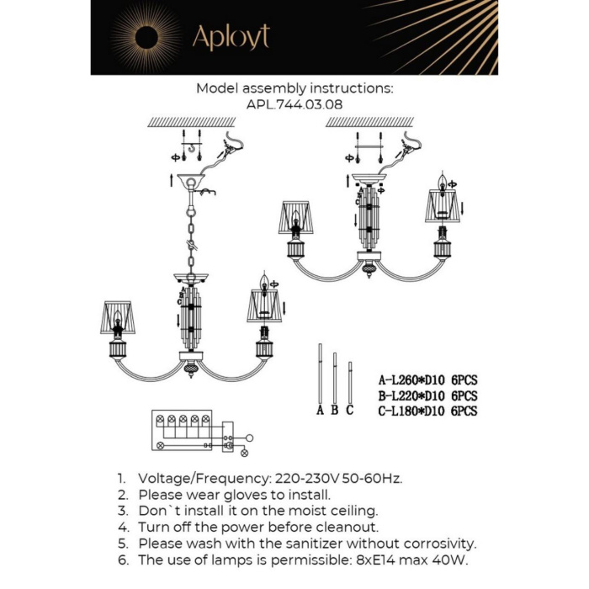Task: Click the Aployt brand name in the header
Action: tap(231, 37)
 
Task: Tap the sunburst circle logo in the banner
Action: tap(146, 37)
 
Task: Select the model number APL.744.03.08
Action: tap(294, 103)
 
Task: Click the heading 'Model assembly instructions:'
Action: tap(294, 88)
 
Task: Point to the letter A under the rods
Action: tap(320, 411)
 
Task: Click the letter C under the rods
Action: tap(349, 411)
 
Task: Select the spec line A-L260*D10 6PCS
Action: tap(428, 380)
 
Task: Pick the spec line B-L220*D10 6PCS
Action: tap(428, 395)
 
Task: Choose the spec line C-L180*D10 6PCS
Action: tap(428, 411)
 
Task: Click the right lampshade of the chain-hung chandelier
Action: tap(264, 306)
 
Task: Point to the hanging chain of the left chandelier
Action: tap(192, 236)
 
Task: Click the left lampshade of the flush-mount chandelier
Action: tap(295, 217)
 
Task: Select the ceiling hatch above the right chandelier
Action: tap(369, 122)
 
